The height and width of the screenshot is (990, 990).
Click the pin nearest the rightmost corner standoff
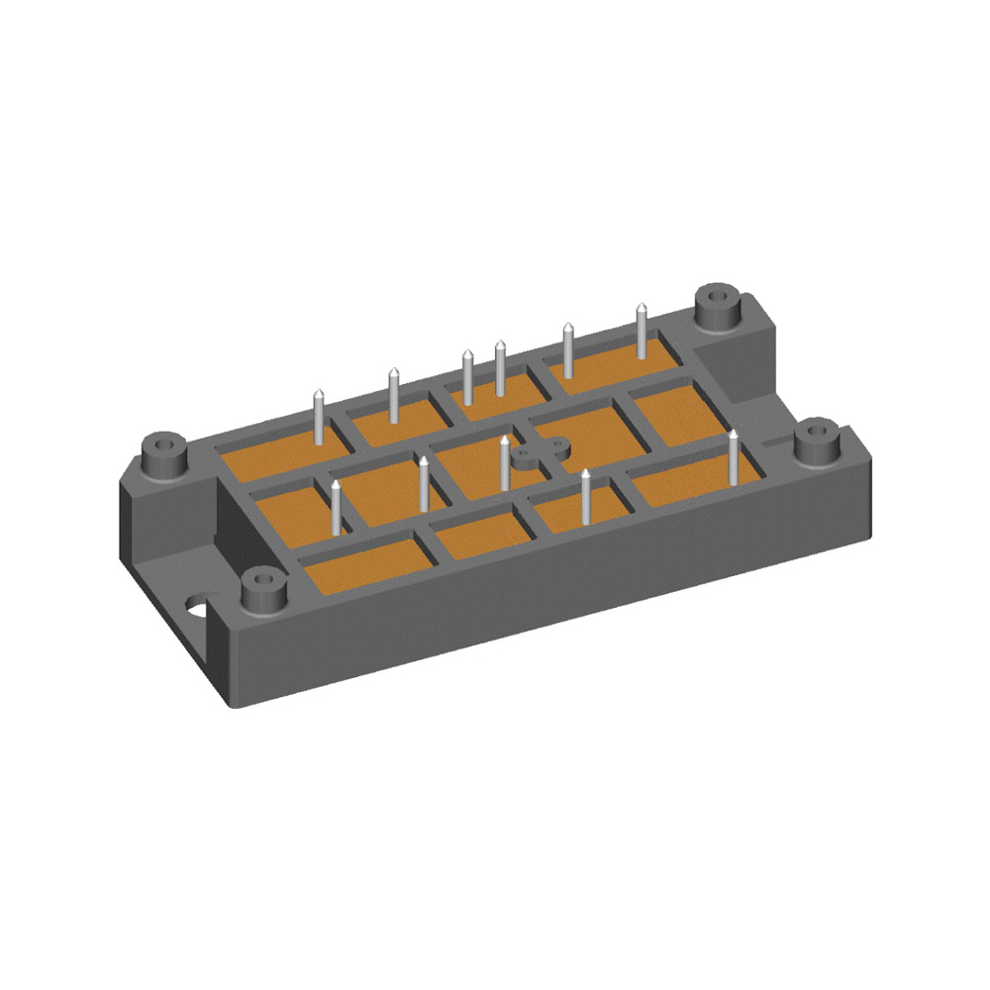(733, 457)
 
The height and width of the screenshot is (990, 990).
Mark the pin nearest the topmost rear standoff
(642, 333)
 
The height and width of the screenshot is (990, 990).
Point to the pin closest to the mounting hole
(336, 507)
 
